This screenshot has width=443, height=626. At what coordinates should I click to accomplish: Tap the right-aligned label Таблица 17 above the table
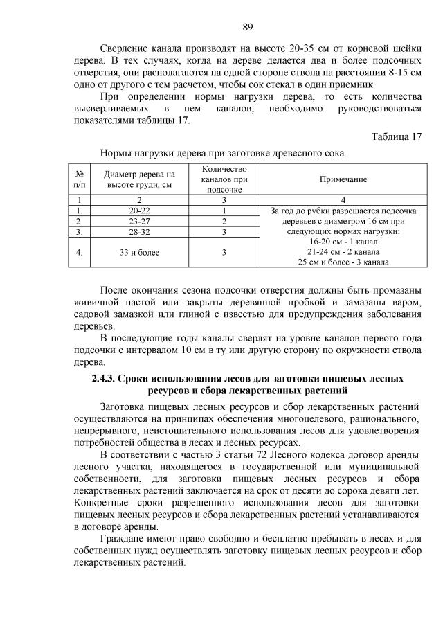point(396,136)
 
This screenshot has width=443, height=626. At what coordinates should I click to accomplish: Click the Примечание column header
point(343,179)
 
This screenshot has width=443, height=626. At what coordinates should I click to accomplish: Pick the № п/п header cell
point(80,179)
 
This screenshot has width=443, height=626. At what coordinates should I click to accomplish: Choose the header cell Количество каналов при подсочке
point(224,179)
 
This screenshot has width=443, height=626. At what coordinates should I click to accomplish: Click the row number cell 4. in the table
point(80,252)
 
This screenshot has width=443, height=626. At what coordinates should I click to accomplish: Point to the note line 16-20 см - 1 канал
point(343,242)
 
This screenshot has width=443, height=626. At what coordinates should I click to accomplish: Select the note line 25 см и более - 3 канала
point(343,262)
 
